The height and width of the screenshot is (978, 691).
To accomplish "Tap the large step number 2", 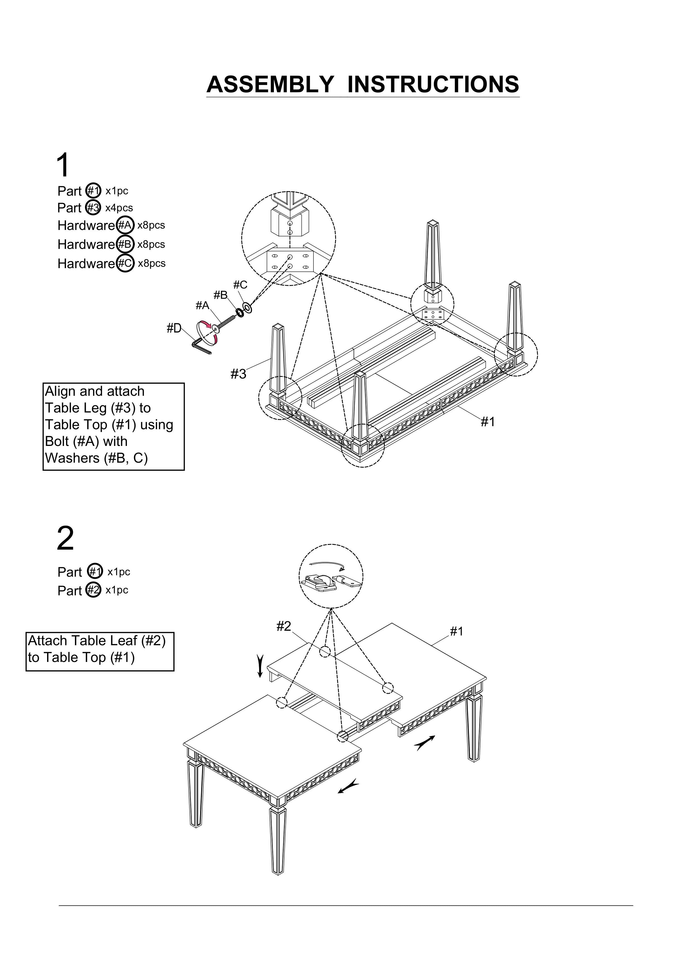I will (x=65, y=538).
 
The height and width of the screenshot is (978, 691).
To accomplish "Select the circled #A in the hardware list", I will (x=125, y=225).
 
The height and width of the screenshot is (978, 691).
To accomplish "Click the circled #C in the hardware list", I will (x=125, y=263).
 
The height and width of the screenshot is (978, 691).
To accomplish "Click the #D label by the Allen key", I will (x=174, y=328).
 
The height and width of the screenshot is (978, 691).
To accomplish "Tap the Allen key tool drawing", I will (x=201, y=346).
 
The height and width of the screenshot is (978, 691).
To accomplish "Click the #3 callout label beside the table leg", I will (x=239, y=374).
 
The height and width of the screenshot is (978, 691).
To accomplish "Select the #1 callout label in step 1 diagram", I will (x=488, y=422).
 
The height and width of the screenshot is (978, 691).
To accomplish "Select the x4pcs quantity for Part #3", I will (x=119, y=208).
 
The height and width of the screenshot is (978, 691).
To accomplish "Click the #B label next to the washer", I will (x=221, y=295).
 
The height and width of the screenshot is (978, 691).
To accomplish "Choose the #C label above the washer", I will (x=240, y=285).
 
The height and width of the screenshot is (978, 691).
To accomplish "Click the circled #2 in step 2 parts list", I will (x=94, y=590).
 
